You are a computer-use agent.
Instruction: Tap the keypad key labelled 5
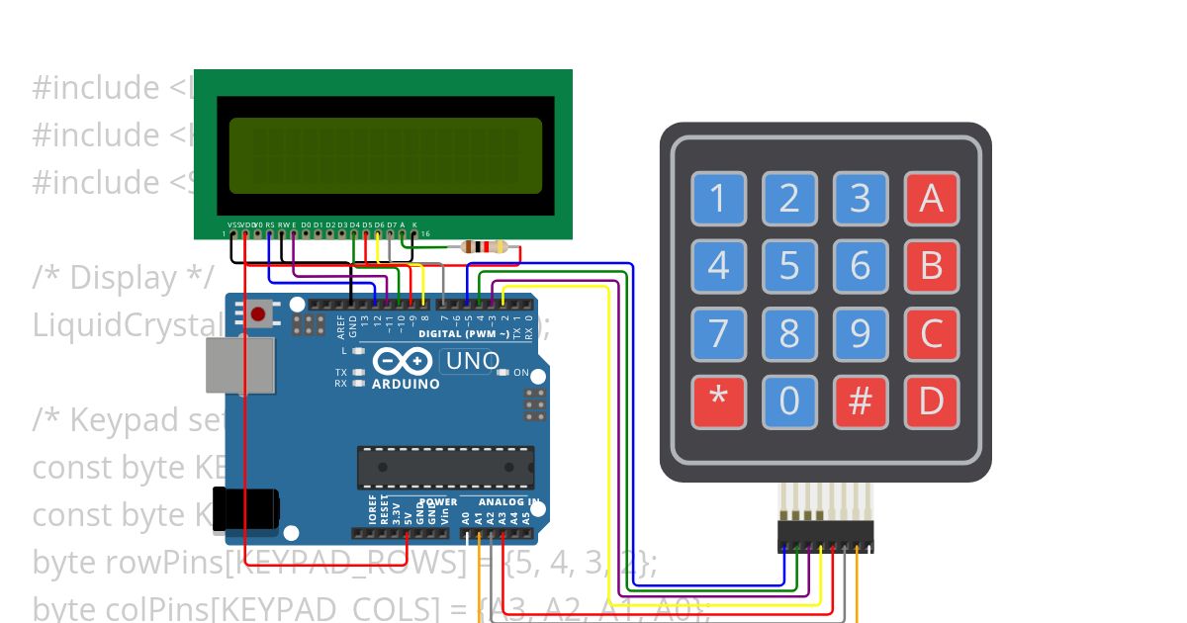[789, 266]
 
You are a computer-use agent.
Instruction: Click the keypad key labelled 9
[861, 333]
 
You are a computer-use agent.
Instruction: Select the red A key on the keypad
[932, 199]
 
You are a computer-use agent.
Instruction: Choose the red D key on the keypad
[932, 401]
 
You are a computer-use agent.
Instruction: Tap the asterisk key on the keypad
[718, 401]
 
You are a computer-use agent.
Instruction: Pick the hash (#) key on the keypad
[861, 401]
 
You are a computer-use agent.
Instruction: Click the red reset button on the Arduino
[258, 314]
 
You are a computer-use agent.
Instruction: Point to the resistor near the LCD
[486, 247]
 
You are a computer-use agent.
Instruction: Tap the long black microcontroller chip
[445, 467]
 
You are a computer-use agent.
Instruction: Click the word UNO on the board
[473, 361]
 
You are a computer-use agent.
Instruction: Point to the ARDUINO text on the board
[406, 384]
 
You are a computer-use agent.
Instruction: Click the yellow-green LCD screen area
[386, 155]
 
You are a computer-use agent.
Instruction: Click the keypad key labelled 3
[861, 199]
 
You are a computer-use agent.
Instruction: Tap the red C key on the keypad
[932, 333]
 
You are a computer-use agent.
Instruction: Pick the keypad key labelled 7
[718, 333]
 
